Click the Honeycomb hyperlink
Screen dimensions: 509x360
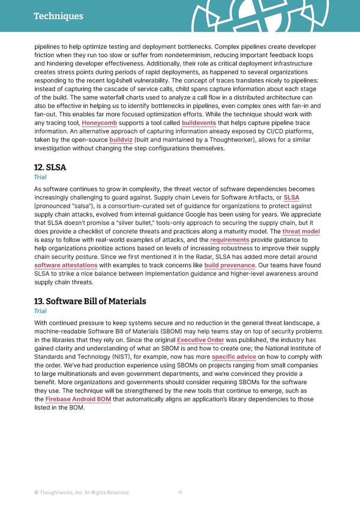pos(99,124)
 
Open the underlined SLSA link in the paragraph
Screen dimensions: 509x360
pos(292,197)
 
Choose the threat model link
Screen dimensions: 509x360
pos(301,231)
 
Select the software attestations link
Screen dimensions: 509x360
pos(66,265)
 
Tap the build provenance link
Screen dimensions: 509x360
pos(230,265)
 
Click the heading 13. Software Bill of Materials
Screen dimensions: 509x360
pos(90,301)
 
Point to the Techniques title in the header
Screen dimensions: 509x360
pos(58,16)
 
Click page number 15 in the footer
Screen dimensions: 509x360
pos(180,492)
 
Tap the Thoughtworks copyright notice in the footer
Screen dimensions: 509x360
pos(82,493)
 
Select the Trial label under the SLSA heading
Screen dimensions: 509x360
pos(40,177)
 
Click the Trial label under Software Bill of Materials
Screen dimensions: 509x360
pos(40,311)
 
